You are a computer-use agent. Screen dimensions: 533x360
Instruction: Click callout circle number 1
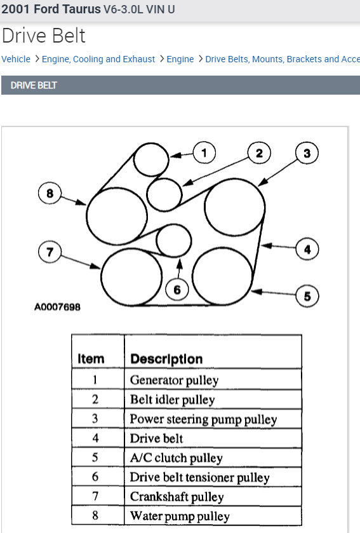pos(204,152)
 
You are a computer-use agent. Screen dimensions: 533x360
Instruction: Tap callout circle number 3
pos(307,153)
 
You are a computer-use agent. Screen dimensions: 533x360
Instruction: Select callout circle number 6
pos(177,290)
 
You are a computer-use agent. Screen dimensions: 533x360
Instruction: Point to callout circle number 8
pos(50,192)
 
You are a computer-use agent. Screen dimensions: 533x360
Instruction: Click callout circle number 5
pos(307,296)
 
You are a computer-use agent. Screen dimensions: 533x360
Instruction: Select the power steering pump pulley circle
pos(234,208)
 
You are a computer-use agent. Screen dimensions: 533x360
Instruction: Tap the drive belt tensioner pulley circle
pos(173,240)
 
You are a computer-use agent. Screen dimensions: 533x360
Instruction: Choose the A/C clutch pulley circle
pos(222,277)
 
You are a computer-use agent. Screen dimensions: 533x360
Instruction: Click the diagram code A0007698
pos(57,307)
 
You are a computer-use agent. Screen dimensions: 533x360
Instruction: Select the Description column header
pos(166,359)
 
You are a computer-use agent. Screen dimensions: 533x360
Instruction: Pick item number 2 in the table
pos(95,400)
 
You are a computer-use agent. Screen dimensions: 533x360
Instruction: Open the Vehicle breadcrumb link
pos(16,59)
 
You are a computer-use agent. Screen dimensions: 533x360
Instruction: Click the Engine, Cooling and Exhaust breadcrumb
pos(98,59)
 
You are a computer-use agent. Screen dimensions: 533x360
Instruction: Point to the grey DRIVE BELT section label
pos(34,85)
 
